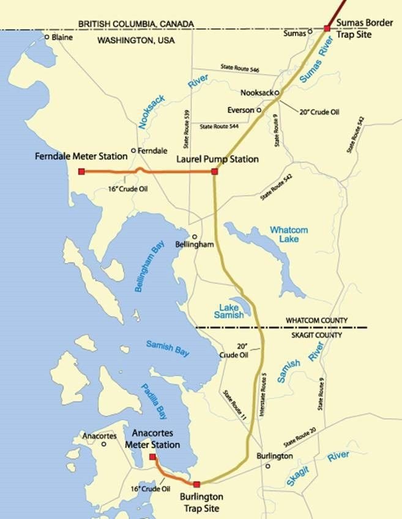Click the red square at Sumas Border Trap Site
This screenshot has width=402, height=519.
[x=327, y=28]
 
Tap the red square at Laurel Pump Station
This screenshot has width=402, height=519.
[x=214, y=172]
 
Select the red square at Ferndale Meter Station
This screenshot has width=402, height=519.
[x=81, y=172]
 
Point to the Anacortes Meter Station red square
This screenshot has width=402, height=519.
[x=152, y=456]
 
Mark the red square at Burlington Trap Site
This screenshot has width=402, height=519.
[x=196, y=484]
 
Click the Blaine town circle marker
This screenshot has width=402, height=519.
[x=47, y=37]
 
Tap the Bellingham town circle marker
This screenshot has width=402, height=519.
[x=195, y=237]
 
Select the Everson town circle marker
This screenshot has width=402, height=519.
[x=259, y=110]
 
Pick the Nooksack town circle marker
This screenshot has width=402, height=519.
[x=277, y=93]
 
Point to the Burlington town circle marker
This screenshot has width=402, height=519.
[x=268, y=466]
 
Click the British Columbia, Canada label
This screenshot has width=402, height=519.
[x=136, y=24]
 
